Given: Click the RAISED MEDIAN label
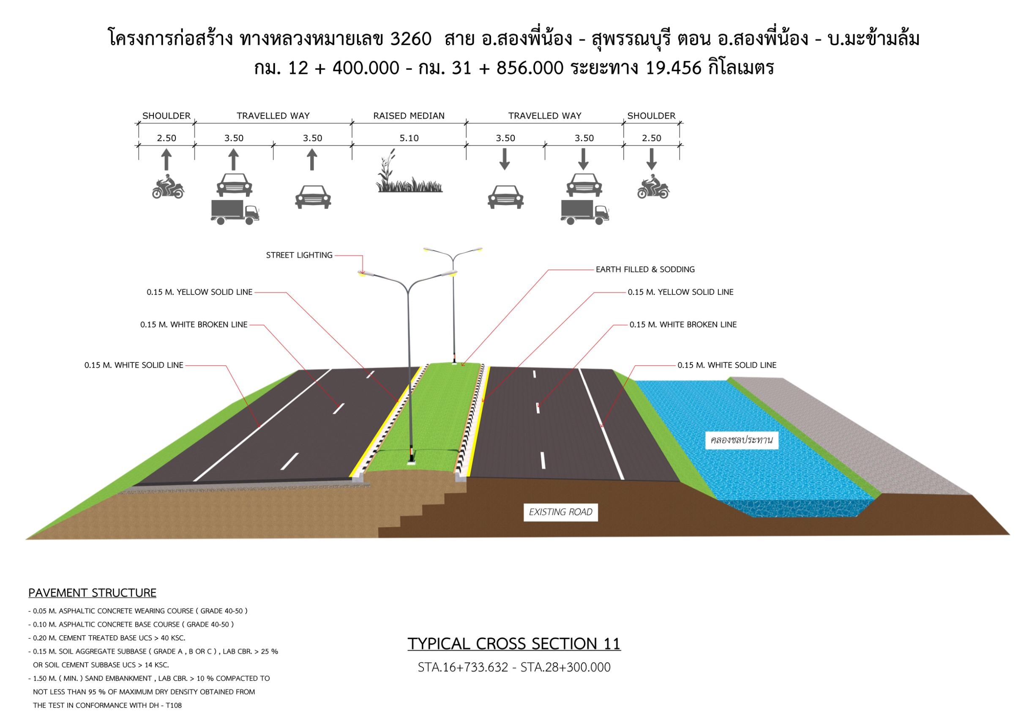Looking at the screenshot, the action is [x=409, y=116].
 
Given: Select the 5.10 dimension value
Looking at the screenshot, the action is [x=409, y=138].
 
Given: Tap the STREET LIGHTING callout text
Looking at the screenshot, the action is [x=299, y=255].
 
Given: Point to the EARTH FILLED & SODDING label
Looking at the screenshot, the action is [x=645, y=269].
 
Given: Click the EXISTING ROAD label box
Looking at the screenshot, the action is [x=560, y=512].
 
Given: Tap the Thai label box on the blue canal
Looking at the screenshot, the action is [x=741, y=440].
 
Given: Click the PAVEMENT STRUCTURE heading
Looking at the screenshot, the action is [x=92, y=593].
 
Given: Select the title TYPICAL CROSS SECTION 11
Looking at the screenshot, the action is [x=514, y=644].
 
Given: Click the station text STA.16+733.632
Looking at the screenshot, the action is [x=463, y=667].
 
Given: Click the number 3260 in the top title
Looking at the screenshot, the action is [x=411, y=39].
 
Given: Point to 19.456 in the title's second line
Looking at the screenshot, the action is [x=674, y=68].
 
